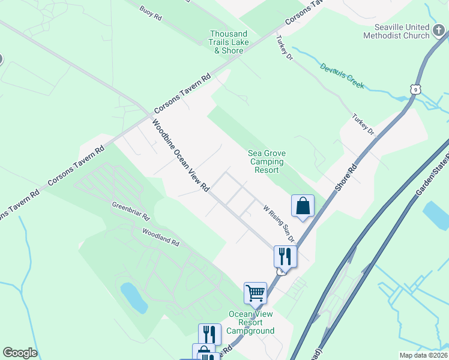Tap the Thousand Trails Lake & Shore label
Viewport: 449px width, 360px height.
229,42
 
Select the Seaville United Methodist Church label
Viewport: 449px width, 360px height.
402,31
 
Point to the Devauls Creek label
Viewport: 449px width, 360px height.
342,76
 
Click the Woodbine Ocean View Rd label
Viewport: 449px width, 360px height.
180,155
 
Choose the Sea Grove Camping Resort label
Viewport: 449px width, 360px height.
267,161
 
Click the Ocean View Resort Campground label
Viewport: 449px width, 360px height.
252,322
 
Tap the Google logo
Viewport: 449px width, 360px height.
20,353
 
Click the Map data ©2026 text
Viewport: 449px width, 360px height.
423,355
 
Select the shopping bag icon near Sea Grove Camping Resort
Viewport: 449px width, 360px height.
303,206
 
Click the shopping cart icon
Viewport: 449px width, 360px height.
255,293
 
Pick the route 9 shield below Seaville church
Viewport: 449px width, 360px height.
415,89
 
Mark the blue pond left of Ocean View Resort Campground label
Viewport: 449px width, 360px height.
133,298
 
